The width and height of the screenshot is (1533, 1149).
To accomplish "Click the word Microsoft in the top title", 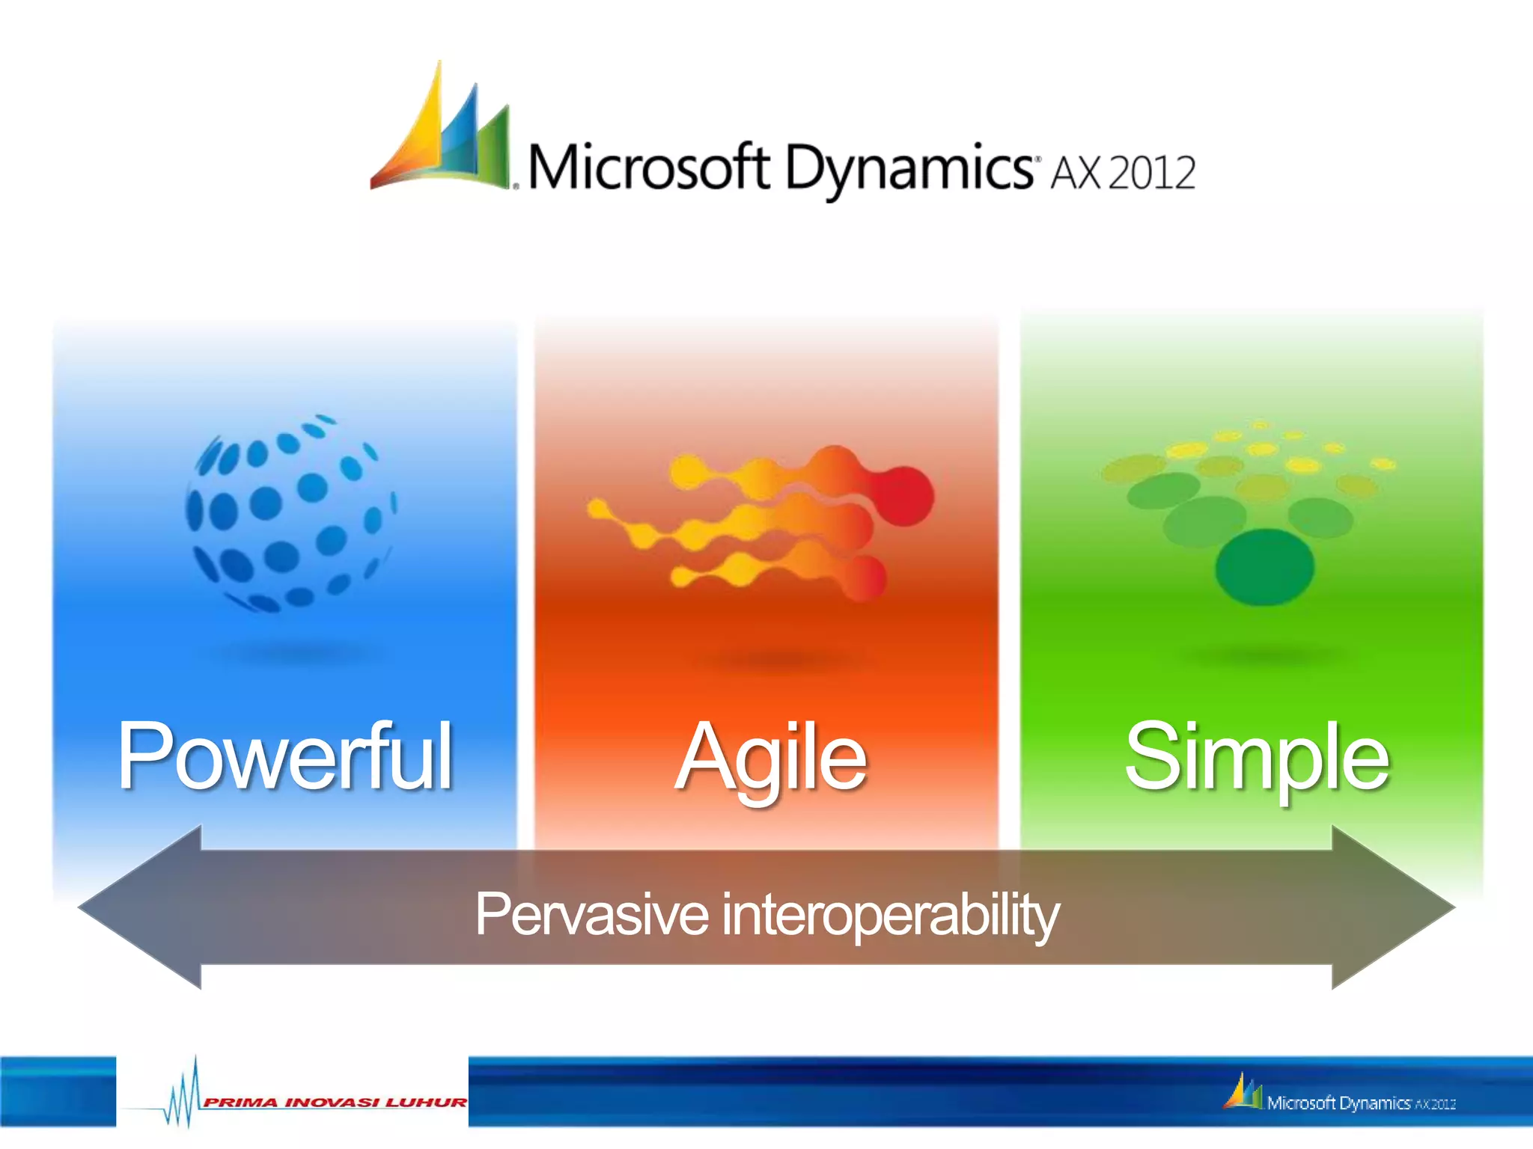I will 648,166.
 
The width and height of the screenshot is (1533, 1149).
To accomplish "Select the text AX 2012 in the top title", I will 1123,173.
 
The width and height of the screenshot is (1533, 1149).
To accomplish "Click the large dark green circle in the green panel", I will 1264,566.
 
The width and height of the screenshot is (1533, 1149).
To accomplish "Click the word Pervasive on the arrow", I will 591,913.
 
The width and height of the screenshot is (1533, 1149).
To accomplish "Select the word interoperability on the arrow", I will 890,913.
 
